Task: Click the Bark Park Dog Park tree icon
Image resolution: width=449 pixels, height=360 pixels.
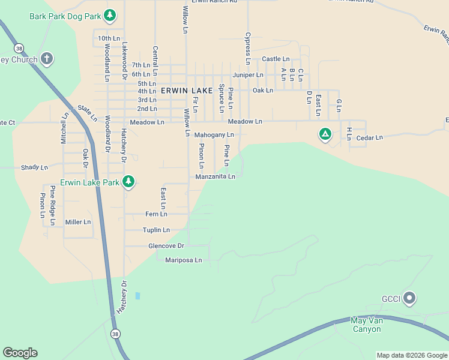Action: click(x=109, y=16)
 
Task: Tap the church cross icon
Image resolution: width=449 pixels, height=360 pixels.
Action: click(x=47, y=59)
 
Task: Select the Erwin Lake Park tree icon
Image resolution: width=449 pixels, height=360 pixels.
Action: click(x=128, y=181)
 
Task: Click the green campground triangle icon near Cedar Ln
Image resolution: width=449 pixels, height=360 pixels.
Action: click(x=325, y=134)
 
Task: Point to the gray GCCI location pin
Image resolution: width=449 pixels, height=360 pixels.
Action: click(x=409, y=298)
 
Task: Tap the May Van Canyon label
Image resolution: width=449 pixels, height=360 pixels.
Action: click(x=366, y=325)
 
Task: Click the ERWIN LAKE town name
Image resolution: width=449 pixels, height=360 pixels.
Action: click(x=187, y=90)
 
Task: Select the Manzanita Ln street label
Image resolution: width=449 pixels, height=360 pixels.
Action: click(x=215, y=176)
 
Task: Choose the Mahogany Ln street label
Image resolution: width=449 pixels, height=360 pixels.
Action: click(x=214, y=135)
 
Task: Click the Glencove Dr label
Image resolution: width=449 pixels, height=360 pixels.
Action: click(x=166, y=246)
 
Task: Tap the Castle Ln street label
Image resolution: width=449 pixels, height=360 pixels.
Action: click(x=276, y=59)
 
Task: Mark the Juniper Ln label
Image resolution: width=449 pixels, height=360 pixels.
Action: click(x=248, y=75)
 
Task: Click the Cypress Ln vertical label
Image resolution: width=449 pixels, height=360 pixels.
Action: click(x=247, y=48)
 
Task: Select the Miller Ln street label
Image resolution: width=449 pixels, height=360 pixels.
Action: click(x=77, y=222)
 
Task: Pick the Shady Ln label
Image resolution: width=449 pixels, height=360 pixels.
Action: click(x=34, y=167)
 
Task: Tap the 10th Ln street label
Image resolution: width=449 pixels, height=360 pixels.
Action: click(x=109, y=38)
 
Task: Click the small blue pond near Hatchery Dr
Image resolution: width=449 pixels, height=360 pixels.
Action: click(x=137, y=296)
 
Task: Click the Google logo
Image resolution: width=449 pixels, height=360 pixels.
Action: click(x=20, y=353)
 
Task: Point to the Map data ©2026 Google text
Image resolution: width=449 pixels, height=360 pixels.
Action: click(x=411, y=355)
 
